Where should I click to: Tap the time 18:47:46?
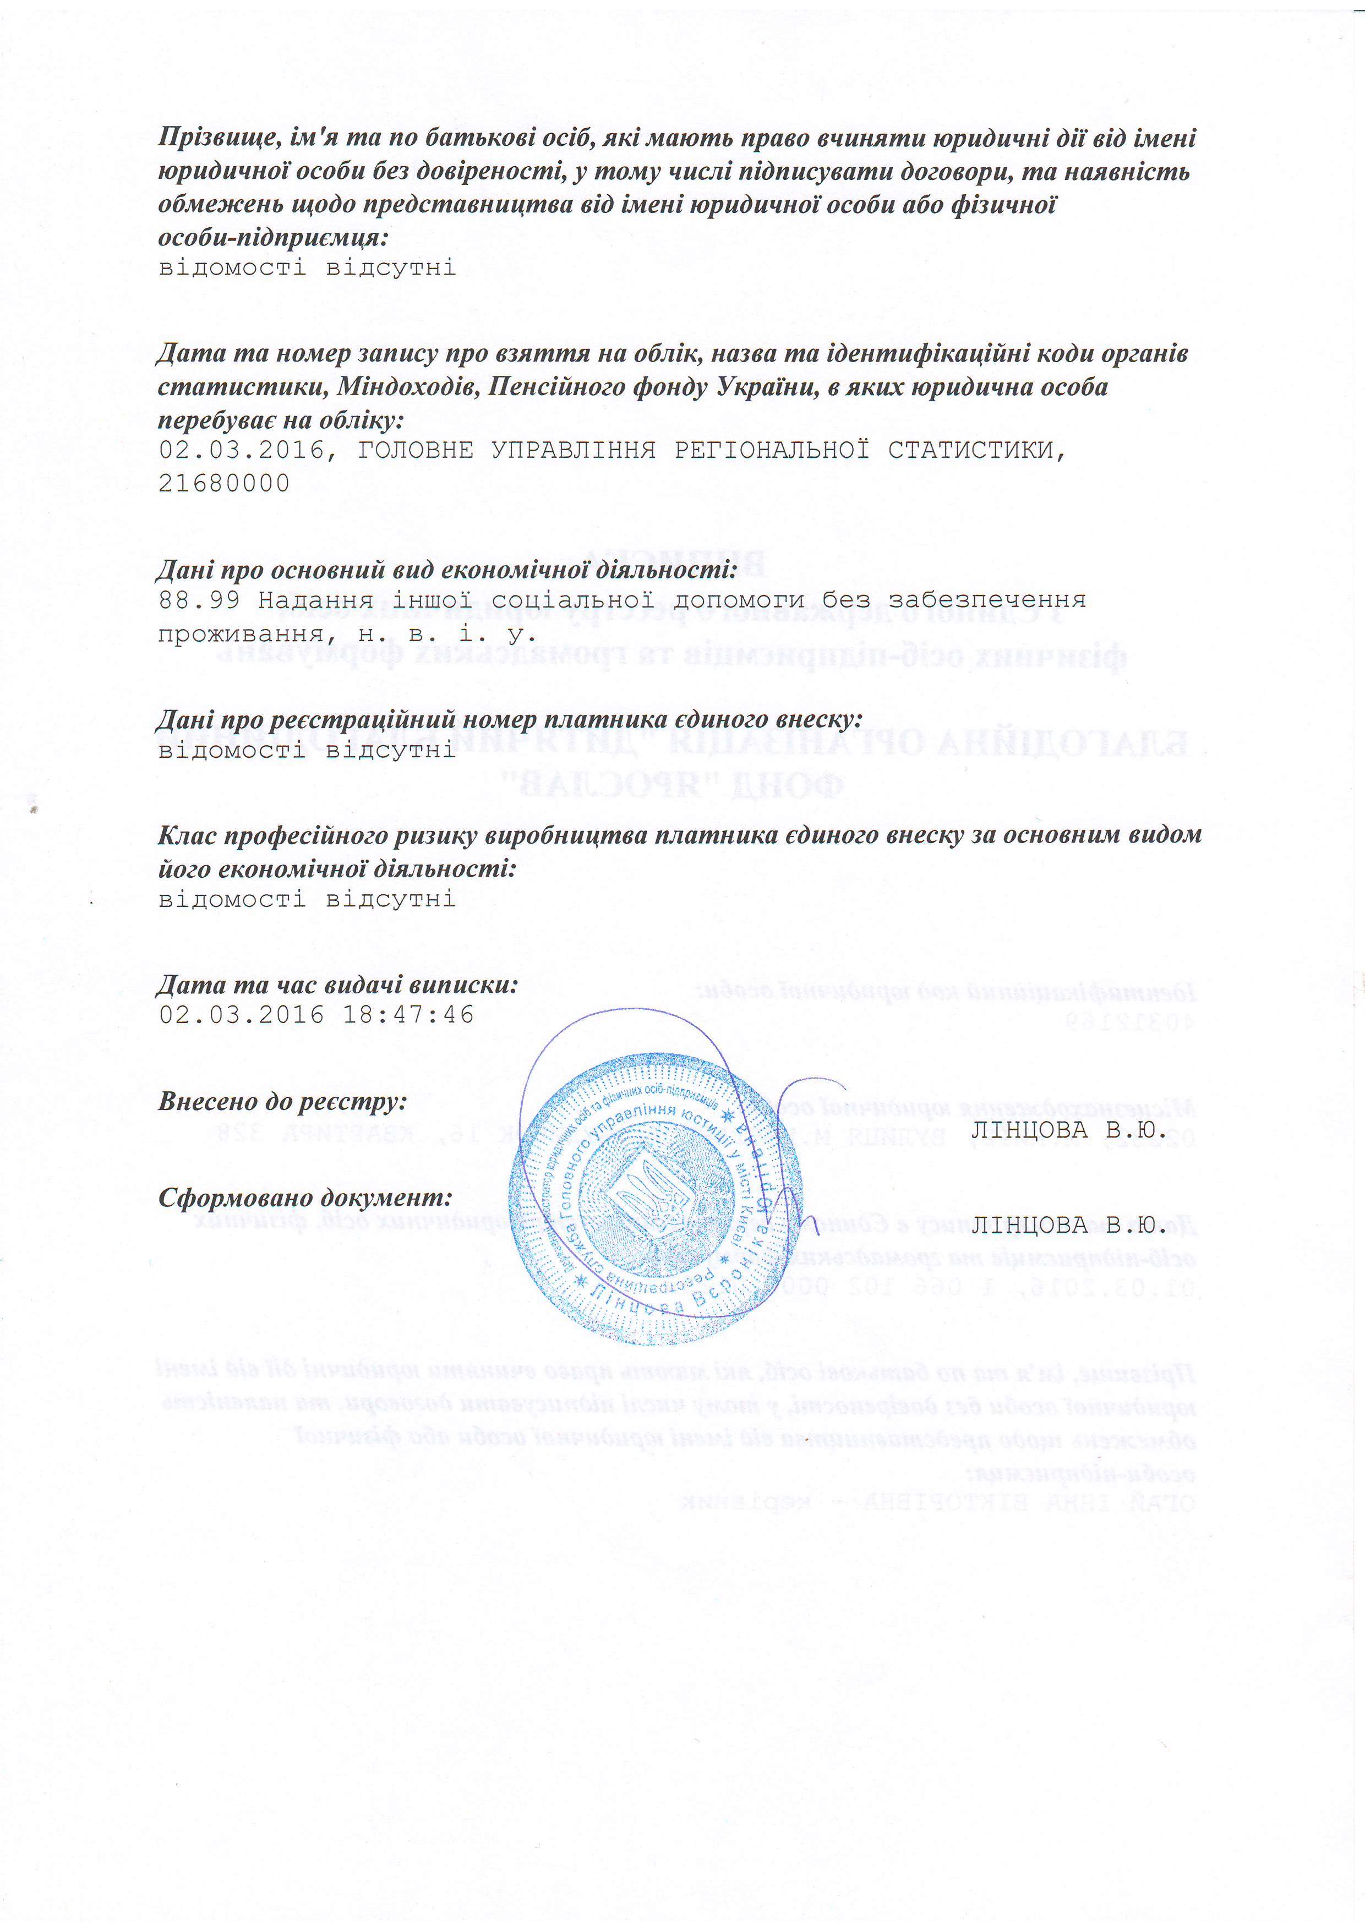click(408, 1015)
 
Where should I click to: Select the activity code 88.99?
click(199, 600)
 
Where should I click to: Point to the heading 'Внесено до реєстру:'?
click(282, 1102)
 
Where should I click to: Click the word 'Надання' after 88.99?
click(316, 600)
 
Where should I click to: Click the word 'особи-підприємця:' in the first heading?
click(273, 238)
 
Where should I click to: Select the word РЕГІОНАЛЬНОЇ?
click(771, 451)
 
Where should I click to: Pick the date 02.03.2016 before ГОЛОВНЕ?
click(241, 451)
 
